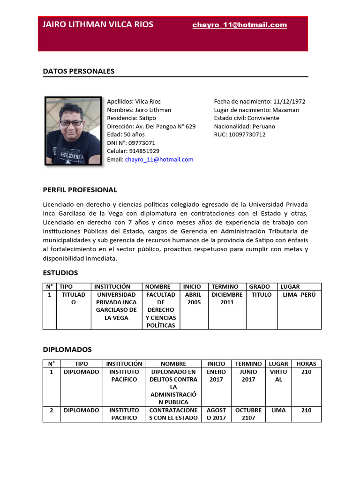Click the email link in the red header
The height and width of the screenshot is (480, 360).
(240, 25)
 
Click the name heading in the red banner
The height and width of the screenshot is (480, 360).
(98, 25)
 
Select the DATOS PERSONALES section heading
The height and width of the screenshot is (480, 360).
(79, 71)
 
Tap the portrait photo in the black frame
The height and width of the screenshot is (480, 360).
(74, 131)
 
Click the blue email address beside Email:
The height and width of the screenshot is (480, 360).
(159, 159)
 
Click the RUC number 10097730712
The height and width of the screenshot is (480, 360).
(247, 135)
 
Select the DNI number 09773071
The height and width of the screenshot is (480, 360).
(142, 143)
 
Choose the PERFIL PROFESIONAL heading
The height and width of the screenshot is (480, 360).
(80, 190)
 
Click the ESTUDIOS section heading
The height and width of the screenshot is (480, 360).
(60, 273)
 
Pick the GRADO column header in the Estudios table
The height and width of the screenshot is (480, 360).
(259, 286)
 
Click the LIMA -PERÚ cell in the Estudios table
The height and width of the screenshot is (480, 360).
(300, 295)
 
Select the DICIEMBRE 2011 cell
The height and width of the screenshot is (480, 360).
(227, 299)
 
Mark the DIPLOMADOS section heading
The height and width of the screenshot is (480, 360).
(67, 350)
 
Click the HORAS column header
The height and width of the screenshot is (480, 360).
(306, 364)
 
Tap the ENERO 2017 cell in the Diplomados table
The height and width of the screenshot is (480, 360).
(216, 375)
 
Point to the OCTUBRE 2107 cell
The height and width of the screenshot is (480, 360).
(248, 414)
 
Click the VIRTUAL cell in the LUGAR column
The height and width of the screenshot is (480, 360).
(278, 375)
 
